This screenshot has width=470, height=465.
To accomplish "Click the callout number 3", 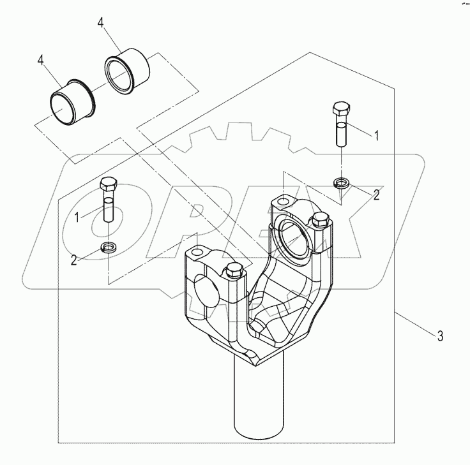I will click(440, 336).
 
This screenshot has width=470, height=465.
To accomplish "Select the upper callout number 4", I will click(101, 23).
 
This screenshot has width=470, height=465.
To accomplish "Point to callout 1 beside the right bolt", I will click(376, 135).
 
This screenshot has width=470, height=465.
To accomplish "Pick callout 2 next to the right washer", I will click(376, 195).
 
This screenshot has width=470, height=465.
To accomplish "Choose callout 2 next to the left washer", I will click(75, 260).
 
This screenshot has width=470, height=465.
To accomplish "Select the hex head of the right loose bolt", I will click(340, 109).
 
